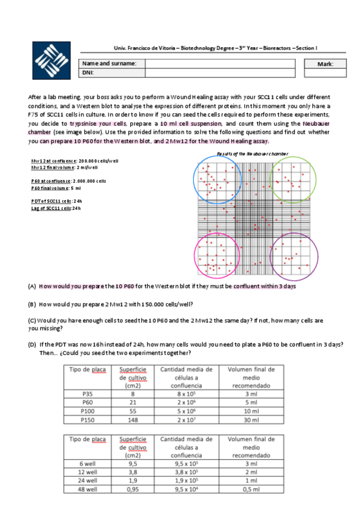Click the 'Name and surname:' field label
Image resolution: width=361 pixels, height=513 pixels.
(109, 64)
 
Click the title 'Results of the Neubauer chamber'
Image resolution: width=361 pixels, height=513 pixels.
(252, 154)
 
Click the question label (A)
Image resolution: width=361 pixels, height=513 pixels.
(32, 287)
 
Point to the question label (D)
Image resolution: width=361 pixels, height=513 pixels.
(32, 344)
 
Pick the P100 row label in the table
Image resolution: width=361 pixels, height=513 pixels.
(88, 410)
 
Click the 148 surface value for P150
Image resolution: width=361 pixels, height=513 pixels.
(133, 419)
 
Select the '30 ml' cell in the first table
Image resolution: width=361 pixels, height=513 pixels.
(251, 419)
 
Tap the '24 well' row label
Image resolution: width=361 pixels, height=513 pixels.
(88, 482)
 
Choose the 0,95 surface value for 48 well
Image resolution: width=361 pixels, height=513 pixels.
(133, 490)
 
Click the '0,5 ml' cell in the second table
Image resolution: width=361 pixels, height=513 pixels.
(251, 490)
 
